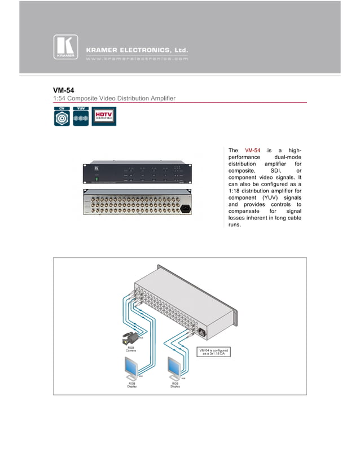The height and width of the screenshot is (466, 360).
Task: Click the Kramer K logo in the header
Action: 66,47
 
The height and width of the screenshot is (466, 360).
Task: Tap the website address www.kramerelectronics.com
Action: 137,59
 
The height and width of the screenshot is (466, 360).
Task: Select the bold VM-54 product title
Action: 64,90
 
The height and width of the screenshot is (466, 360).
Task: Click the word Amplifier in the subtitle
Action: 161,99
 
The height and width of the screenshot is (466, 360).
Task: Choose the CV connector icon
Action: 62,117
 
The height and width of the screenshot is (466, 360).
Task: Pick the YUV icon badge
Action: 81,117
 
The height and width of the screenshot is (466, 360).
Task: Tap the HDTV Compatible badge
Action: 103,116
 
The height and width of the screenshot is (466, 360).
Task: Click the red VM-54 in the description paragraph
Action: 252,150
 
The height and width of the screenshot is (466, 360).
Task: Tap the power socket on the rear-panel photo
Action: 185,207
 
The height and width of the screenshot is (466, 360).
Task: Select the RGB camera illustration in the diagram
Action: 129,339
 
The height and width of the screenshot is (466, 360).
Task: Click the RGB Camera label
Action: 130,350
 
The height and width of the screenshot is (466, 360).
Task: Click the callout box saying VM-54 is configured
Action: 213,351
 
